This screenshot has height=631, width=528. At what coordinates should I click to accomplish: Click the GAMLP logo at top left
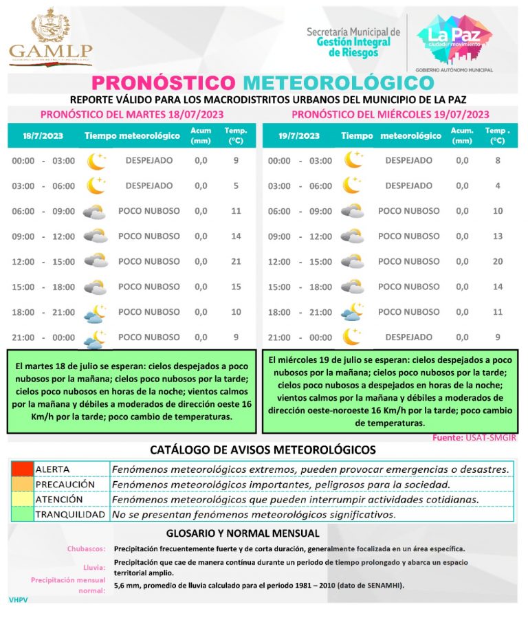[x=50, y=37]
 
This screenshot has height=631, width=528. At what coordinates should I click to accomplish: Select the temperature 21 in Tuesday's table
[x=236, y=261]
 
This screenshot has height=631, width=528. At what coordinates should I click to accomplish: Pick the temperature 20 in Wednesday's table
[x=498, y=261]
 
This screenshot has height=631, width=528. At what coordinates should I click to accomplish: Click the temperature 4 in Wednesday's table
[x=498, y=186]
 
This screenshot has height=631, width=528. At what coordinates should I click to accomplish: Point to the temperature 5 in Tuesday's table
[x=236, y=186]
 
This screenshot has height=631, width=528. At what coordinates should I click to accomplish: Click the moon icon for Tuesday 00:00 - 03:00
[x=96, y=161]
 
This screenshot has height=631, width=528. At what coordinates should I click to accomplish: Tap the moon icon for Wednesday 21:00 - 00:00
[x=353, y=337]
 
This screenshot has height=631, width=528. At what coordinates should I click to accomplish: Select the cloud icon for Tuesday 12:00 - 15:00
[x=96, y=261]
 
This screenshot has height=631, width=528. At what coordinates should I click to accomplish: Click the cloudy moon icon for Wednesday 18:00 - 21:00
[x=353, y=312]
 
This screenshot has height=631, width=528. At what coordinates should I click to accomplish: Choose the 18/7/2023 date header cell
[x=43, y=135]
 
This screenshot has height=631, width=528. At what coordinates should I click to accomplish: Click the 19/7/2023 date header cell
[x=300, y=135]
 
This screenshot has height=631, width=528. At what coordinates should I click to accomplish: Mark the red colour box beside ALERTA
[x=21, y=469]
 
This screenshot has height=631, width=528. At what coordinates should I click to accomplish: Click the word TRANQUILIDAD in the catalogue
[x=70, y=514]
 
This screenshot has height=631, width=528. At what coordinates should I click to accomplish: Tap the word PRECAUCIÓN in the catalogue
[x=65, y=484]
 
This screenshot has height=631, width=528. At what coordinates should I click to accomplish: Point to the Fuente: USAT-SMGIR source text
[x=474, y=437]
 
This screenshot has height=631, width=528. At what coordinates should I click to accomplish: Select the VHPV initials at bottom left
[x=18, y=600]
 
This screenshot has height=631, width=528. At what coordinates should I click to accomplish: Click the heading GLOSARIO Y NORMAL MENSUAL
[x=243, y=533]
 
